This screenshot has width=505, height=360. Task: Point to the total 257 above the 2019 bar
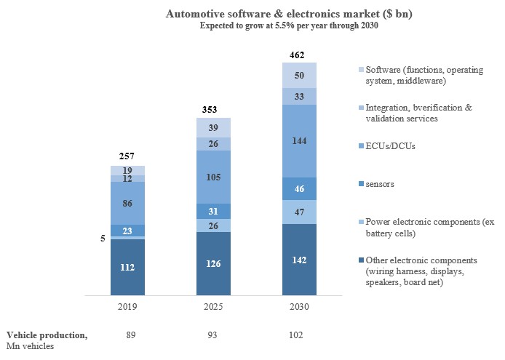[127, 157]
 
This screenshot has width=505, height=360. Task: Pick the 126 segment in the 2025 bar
[214, 263]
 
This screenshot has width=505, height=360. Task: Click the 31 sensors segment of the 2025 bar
[214, 211]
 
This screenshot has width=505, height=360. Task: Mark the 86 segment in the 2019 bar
[127, 203]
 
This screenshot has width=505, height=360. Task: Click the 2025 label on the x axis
[214, 307]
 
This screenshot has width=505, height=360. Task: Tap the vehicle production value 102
[297, 335]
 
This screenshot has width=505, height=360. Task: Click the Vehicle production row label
[47, 335]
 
